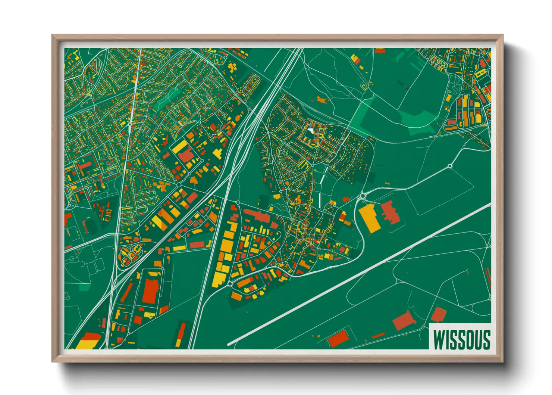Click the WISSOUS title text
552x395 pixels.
tap(461, 339)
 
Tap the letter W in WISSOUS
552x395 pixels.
tap(439, 339)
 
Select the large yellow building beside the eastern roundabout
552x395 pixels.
tap(369, 218)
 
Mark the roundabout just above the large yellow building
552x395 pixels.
tap(363, 196)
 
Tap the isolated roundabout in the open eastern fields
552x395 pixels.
tap(450, 166)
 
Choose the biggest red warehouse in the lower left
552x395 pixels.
tap(151, 291)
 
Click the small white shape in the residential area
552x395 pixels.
tap(311, 131)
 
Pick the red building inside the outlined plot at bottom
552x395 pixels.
tap(338, 338)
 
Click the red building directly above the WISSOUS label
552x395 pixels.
tap(439, 314)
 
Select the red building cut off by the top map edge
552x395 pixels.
tap(380, 50)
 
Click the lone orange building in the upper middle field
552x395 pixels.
tap(321, 99)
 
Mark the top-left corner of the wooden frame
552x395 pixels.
tap(53, 35)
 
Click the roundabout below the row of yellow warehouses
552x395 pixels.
tap(230, 284)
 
